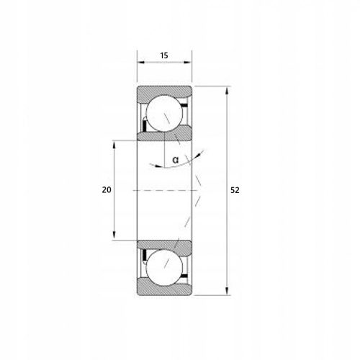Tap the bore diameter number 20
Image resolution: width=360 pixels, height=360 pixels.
click(107, 190)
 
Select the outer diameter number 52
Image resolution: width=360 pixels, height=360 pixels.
click(235, 190)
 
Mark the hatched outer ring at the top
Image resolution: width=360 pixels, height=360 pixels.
click(165, 92)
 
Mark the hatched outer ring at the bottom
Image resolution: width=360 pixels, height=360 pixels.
click(165, 287)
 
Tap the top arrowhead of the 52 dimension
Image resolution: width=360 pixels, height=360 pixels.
click(227, 90)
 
